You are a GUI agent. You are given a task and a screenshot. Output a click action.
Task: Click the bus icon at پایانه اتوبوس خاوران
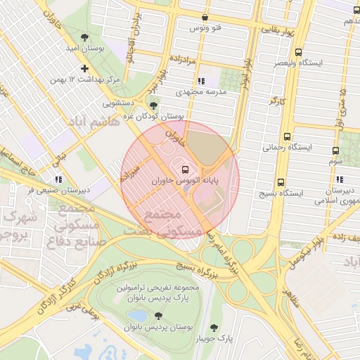(x=185, y=169)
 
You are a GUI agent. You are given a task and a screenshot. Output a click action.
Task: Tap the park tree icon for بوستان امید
(x=85, y=36)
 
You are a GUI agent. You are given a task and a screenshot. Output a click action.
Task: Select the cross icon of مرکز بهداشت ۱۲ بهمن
(x=85, y=69)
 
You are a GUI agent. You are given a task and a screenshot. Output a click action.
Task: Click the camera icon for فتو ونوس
(x=205, y=18)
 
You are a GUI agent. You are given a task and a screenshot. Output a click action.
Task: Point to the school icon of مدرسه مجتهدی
(x=202, y=81)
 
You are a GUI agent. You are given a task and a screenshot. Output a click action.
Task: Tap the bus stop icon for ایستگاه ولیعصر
(x=299, y=52)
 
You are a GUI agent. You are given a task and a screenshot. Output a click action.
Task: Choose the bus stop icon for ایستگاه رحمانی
(x=286, y=136)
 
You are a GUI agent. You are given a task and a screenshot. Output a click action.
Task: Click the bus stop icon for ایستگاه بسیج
(x=281, y=181)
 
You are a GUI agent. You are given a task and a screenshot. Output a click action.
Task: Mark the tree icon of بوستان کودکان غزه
(x=154, y=105)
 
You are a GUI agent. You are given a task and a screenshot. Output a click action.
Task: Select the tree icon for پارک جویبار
(x=214, y=328)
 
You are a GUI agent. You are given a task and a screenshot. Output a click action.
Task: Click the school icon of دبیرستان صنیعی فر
(x=58, y=179)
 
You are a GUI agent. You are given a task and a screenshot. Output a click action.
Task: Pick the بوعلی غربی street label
(x=80, y=305)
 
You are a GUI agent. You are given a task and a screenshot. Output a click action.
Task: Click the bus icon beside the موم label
(x=335, y=150)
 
